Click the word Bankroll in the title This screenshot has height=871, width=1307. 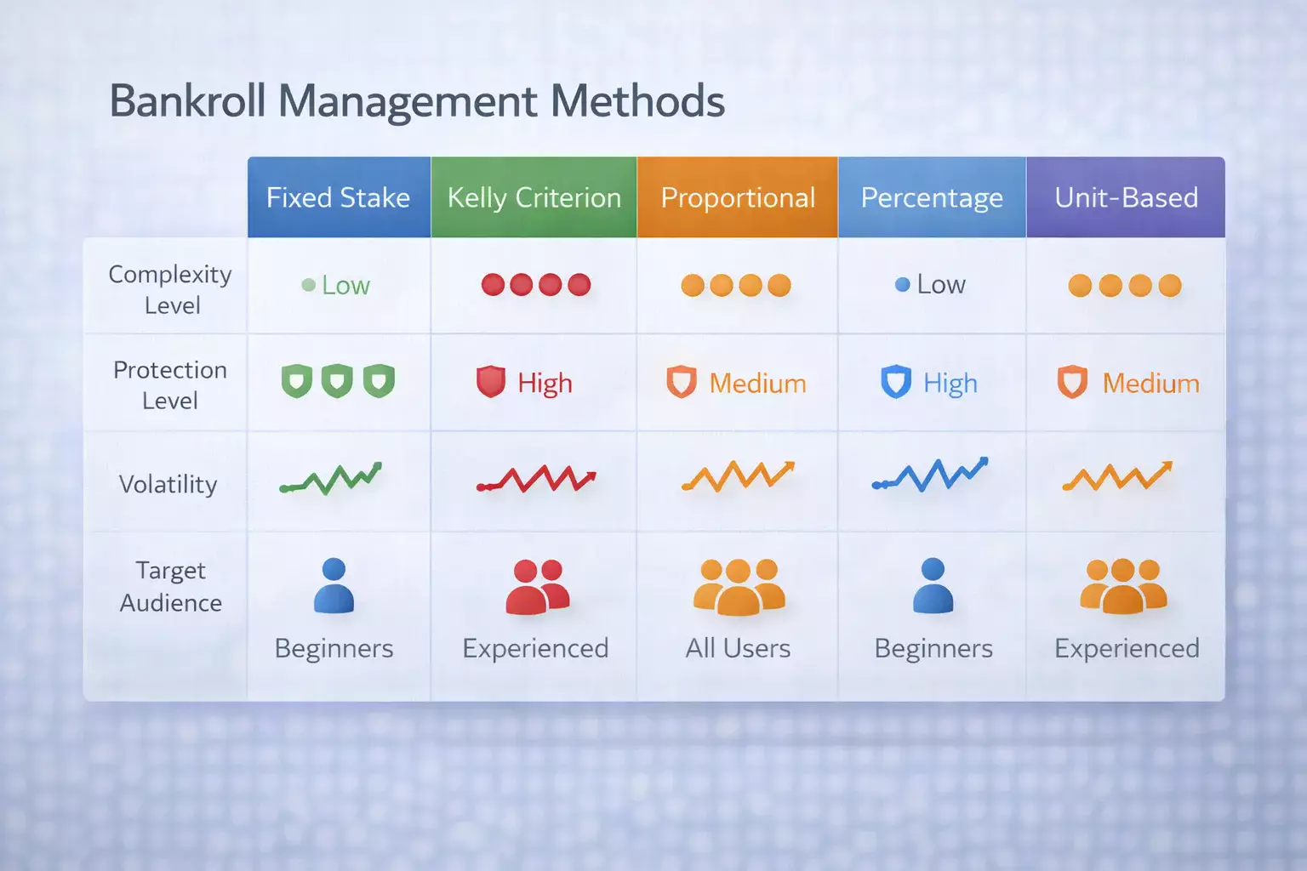(188, 101)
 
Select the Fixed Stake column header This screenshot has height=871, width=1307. (339, 197)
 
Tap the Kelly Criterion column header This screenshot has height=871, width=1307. (534, 197)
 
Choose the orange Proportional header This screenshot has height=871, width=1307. (738, 197)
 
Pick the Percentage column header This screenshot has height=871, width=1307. (932, 197)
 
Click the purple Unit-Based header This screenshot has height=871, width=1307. (1126, 197)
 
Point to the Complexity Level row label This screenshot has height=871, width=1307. (170, 289)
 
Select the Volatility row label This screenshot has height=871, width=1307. (168, 484)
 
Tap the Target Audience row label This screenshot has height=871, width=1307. (170, 587)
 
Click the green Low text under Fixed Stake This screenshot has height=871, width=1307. (346, 285)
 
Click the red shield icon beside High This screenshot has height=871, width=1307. (491, 382)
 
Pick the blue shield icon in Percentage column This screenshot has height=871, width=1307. (896, 382)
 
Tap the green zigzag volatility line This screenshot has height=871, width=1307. (331, 478)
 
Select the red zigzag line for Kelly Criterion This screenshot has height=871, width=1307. (536, 478)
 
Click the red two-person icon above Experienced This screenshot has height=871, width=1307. (538, 587)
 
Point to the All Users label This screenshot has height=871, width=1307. (738, 648)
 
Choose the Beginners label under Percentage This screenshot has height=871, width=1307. (933, 648)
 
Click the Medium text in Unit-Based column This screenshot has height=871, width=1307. (1150, 384)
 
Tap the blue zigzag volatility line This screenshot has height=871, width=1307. (930, 475)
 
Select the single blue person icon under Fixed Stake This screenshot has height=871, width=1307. (334, 585)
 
